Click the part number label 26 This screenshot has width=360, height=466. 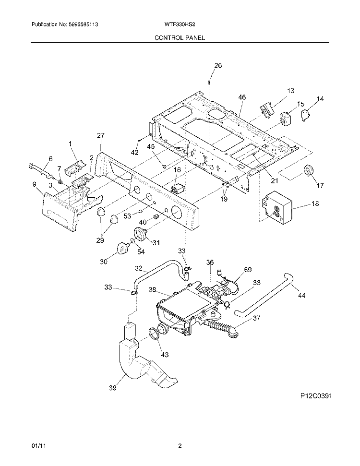[218, 65]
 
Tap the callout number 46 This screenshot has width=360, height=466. [242, 97]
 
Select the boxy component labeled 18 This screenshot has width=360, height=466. [277, 208]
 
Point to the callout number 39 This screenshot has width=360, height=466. [112, 388]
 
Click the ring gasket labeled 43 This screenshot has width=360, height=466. [153, 335]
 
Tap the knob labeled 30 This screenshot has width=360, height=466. [122, 247]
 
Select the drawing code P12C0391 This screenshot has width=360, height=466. [315, 395]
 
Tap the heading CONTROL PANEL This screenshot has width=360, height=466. [180, 38]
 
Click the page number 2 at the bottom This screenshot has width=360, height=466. [180, 446]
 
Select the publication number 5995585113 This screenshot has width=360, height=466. [82, 24]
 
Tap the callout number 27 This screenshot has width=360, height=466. [101, 135]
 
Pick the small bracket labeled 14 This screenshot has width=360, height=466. [305, 115]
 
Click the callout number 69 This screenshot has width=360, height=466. [248, 270]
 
